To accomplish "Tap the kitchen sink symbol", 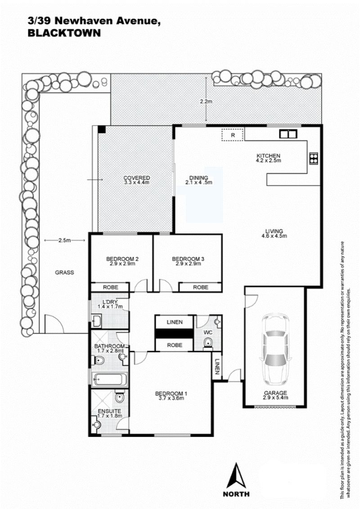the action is click(x=288, y=133).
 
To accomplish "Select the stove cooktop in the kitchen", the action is click(x=314, y=159).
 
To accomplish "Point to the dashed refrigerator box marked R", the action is click(x=233, y=135).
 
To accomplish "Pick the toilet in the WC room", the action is click(x=207, y=343).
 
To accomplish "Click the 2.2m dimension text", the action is click(x=206, y=101).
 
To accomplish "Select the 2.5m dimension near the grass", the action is click(x=64, y=240).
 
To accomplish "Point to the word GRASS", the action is click(x=64, y=272).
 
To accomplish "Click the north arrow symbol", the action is click(x=236, y=475).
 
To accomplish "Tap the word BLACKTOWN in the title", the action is click(x=64, y=33).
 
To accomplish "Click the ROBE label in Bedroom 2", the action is click(x=110, y=287).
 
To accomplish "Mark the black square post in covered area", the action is click(x=102, y=129).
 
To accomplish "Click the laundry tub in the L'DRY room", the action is click(x=97, y=320).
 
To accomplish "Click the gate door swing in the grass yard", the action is click(x=51, y=323).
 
